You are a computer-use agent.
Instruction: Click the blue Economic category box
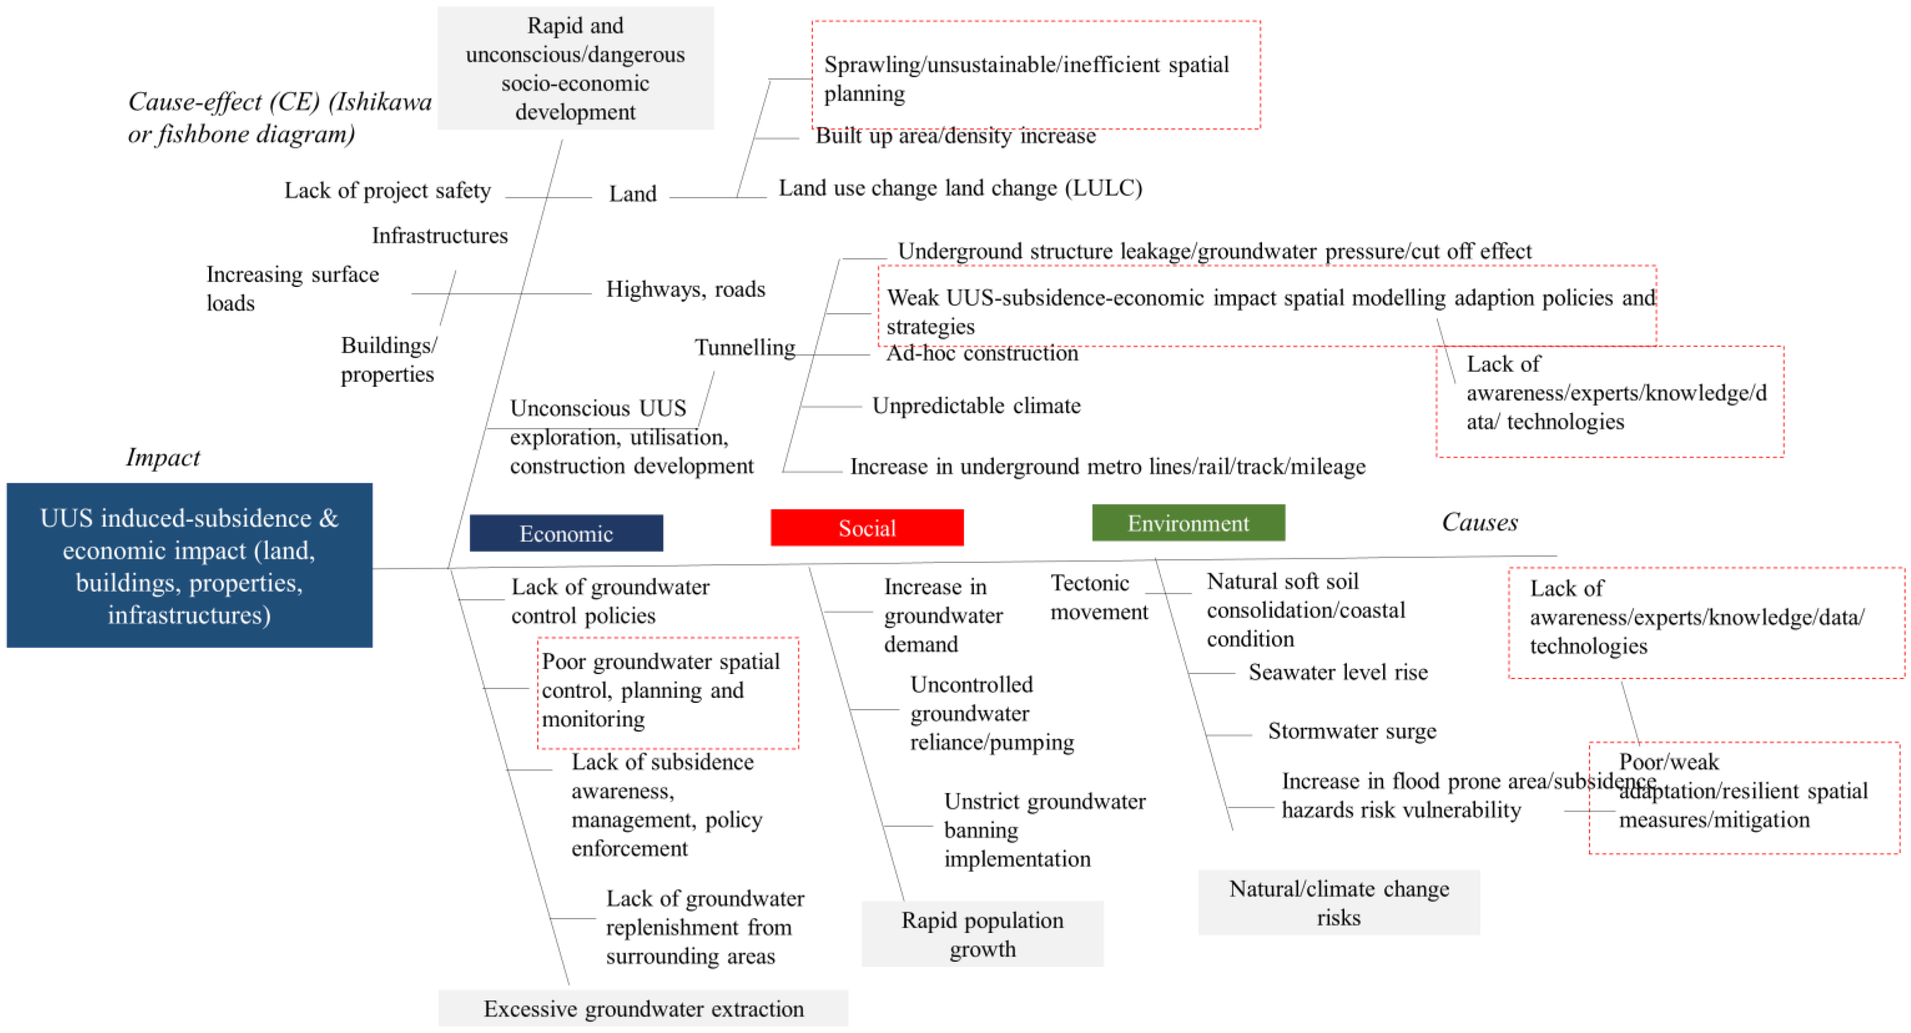point(566,533)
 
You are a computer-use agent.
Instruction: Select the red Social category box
point(866,528)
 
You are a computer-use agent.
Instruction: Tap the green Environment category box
point(1188,523)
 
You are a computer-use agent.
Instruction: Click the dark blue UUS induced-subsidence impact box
point(189,566)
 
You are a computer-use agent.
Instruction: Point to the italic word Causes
point(1479,521)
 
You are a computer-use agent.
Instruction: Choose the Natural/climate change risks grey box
point(1338,902)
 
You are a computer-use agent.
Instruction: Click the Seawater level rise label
point(1338,672)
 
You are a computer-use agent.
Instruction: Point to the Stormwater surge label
point(1351,731)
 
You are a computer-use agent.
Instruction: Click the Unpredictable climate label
point(976,405)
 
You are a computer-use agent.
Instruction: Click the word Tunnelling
point(744,347)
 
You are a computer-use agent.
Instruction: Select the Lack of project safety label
point(387,191)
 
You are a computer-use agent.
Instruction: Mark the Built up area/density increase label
point(955,136)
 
